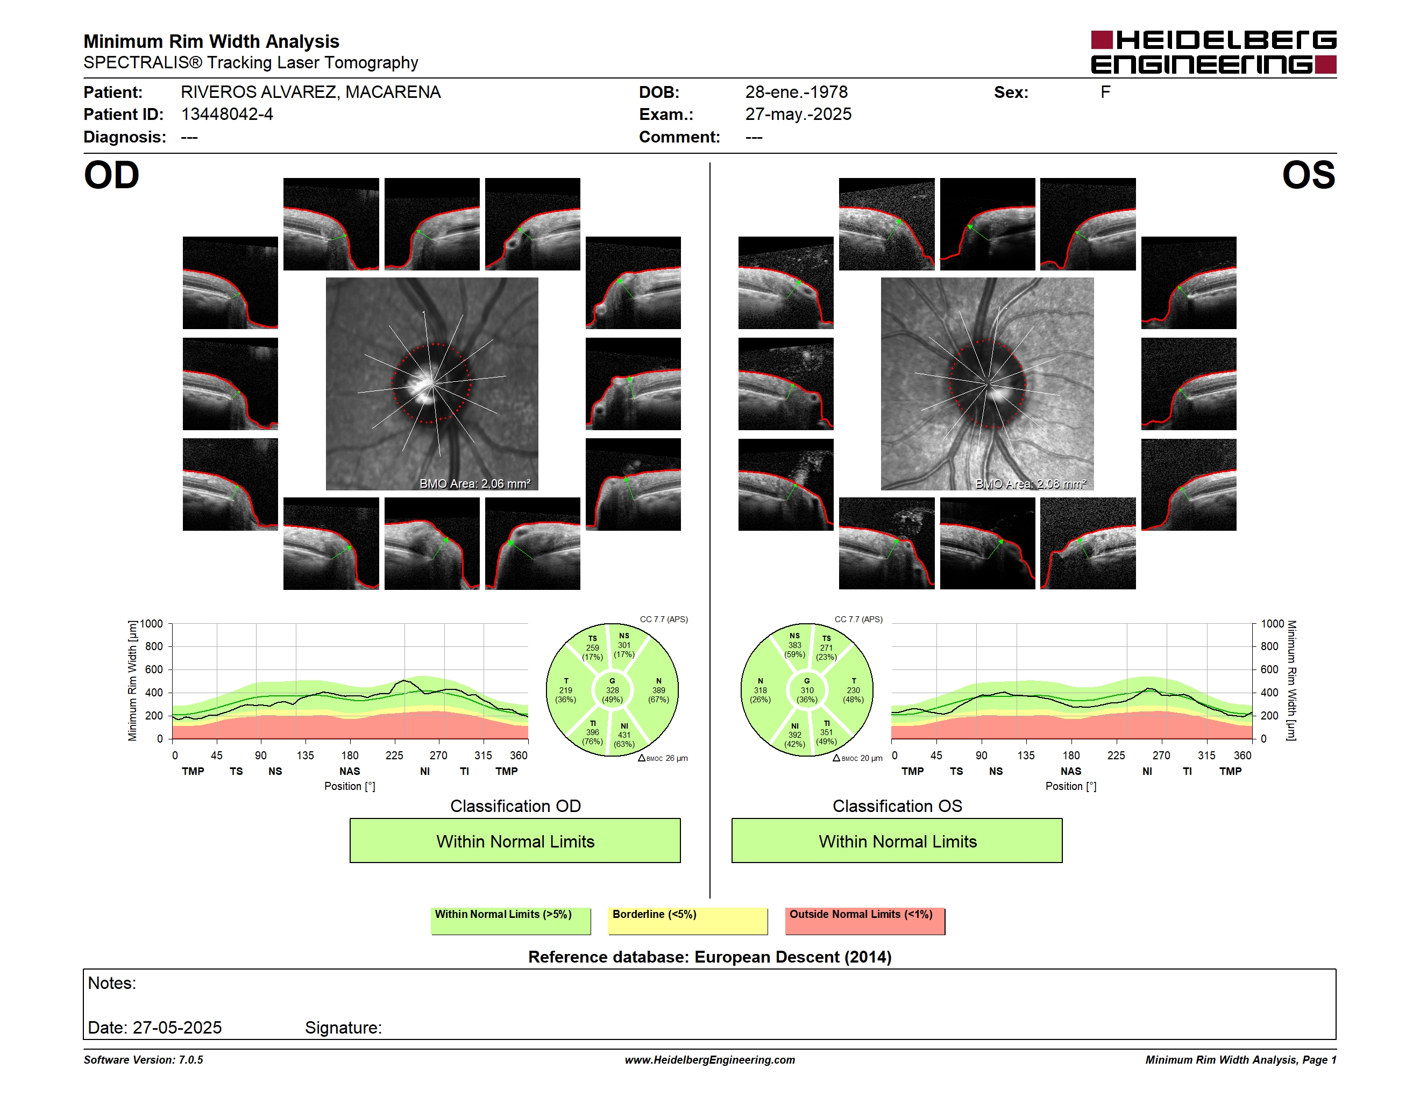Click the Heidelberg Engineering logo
pyautogui.click(x=1213, y=52)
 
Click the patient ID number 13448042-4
pyautogui.click(x=227, y=115)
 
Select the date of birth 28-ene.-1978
pyautogui.click(x=796, y=92)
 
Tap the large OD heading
pyautogui.click(x=112, y=175)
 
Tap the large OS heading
pyautogui.click(x=1308, y=175)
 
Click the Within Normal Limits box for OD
pyautogui.click(x=515, y=840)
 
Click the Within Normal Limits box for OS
pyautogui.click(x=897, y=840)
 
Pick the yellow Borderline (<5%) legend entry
pyautogui.click(x=688, y=921)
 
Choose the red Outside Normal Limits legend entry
pyautogui.click(x=865, y=921)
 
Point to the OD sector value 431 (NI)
pyautogui.click(x=624, y=735)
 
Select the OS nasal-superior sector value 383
pyautogui.click(x=794, y=645)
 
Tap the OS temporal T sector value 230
pyautogui.click(x=853, y=690)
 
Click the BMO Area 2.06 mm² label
pyautogui.click(x=474, y=483)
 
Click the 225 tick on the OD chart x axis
pyautogui.click(x=394, y=755)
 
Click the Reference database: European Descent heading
pyautogui.click(x=709, y=957)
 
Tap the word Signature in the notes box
pyautogui.click(x=343, y=1028)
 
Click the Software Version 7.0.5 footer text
pyautogui.click(x=143, y=1059)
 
